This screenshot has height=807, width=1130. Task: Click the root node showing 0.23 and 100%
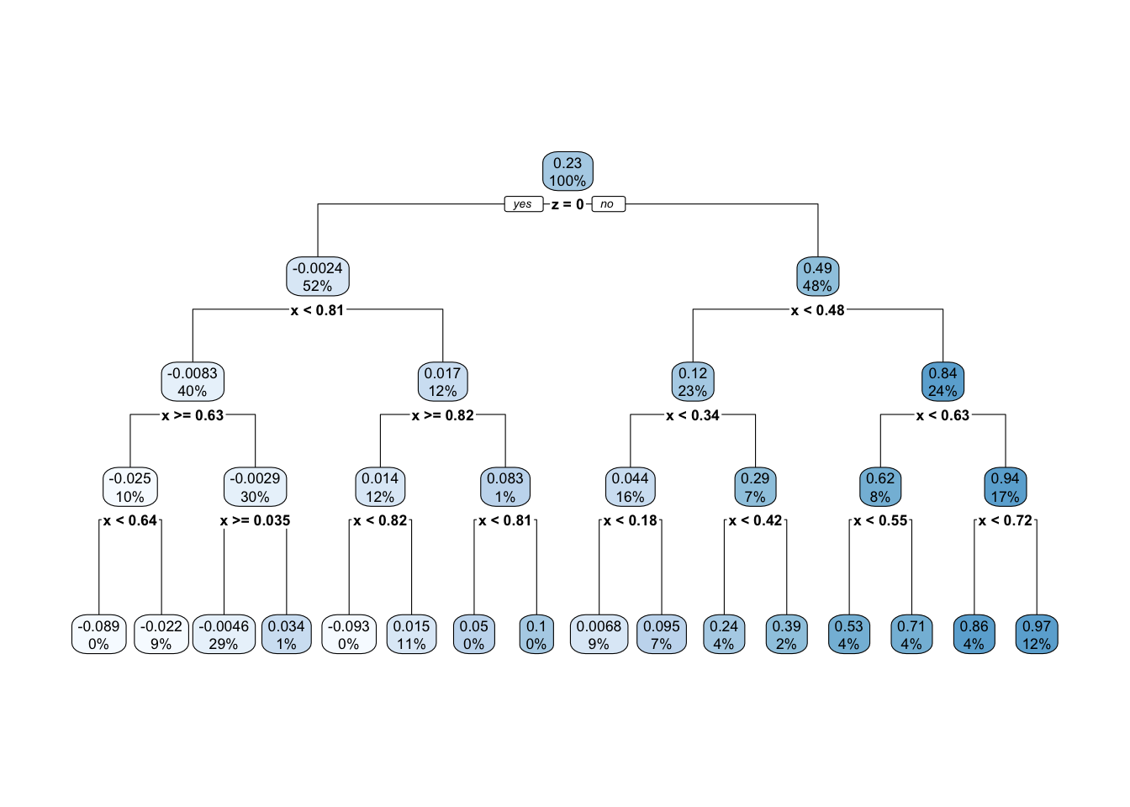coord(568,171)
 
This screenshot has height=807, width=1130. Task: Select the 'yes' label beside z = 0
coord(523,204)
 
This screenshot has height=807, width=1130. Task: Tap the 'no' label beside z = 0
coord(608,204)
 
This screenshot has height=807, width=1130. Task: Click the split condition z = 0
coord(568,204)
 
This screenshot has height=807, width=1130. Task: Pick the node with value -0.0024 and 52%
coord(318,277)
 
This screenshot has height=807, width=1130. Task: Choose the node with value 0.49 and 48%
coord(817,277)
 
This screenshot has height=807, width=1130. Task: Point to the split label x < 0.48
coord(817,310)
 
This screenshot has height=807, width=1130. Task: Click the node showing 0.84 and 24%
coord(943,382)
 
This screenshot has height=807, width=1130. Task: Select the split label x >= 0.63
coord(193,415)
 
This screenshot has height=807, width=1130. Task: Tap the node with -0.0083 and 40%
coord(193,382)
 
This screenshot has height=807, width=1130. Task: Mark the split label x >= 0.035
coord(255,520)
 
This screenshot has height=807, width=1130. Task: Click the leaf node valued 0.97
coord(1037,635)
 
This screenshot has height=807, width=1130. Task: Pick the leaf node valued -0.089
coord(98,635)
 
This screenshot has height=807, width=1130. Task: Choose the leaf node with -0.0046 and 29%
coord(224,635)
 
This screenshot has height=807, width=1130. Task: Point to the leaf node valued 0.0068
coord(599,635)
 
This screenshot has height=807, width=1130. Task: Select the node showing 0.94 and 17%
coord(1005,487)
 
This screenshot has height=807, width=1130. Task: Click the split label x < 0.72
coord(1005,520)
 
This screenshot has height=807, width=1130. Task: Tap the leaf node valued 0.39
coord(786,635)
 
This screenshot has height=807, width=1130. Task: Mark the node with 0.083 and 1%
coord(505,487)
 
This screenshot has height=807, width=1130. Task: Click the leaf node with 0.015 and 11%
coord(411,635)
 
